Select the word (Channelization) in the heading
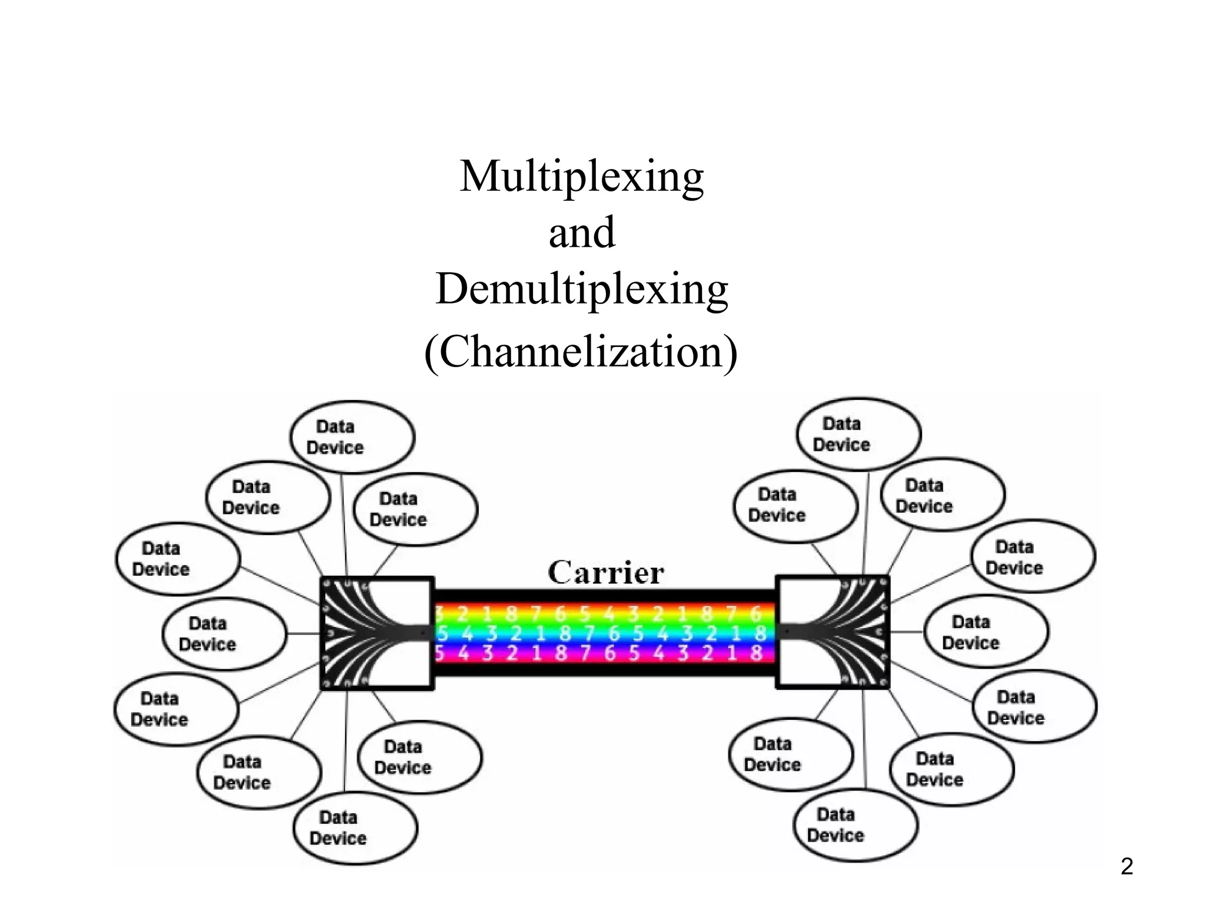click(581, 351)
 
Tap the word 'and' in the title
click(582, 232)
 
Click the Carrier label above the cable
click(606, 572)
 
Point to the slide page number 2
click(1127, 866)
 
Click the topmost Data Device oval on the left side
click(352, 437)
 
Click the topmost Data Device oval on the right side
click(858, 434)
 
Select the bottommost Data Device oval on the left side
click(355, 828)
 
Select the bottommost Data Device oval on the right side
click(855, 825)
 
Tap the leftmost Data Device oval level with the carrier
click(224, 634)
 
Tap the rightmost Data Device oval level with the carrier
click(986, 632)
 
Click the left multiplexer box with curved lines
click(377, 633)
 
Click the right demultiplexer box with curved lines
click(833, 632)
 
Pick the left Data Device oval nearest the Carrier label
click(415, 509)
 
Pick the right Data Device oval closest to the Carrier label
click(795, 506)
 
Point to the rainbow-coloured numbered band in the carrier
click(604, 633)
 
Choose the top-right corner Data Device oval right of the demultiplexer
click(1032, 557)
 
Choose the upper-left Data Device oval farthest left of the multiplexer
click(177, 559)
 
